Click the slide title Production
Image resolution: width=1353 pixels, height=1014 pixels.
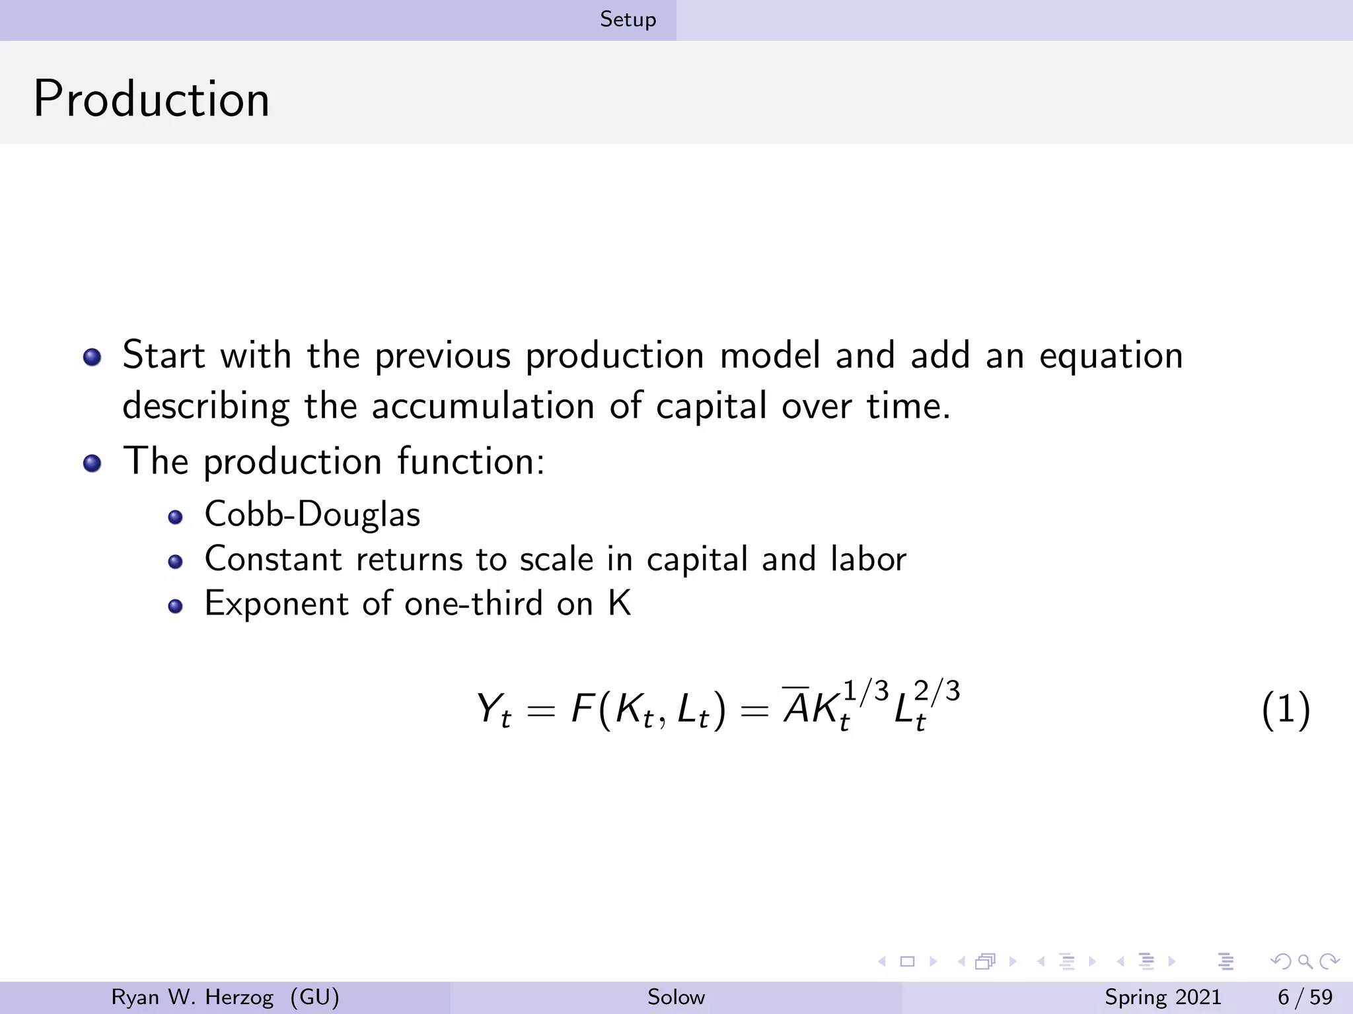[x=151, y=99]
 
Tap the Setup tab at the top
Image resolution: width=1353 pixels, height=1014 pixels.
[x=628, y=20]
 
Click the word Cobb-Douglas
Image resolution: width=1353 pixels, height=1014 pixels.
[x=312, y=514]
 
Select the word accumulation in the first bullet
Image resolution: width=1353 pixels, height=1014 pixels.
[x=483, y=406]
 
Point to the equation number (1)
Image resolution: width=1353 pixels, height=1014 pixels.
[x=1285, y=710]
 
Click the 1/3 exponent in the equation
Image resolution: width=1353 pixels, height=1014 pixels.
[x=866, y=691]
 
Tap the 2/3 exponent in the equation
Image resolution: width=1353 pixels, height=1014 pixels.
[x=937, y=691]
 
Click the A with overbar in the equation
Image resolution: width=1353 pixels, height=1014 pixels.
[x=796, y=708]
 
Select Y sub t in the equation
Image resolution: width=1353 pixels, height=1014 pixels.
[x=493, y=710]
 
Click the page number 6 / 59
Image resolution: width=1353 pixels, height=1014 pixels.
[x=1305, y=997]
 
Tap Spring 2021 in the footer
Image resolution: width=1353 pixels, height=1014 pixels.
[x=1163, y=997]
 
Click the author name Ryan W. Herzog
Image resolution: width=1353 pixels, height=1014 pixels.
[x=192, y=997]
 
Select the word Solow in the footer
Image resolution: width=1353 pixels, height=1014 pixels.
[x=676, y=997]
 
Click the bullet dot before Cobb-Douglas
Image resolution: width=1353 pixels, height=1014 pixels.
[x=175, y=517]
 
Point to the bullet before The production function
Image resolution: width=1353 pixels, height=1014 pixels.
[x=92, y=463]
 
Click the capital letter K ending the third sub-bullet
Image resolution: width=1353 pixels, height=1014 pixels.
[x=620, y=603]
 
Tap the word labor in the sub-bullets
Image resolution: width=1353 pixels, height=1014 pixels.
[x=868, y=559]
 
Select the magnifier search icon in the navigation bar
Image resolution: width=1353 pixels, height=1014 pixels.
[x=1305, y=961]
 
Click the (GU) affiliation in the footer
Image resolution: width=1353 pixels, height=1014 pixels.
[x=314, y=997]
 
